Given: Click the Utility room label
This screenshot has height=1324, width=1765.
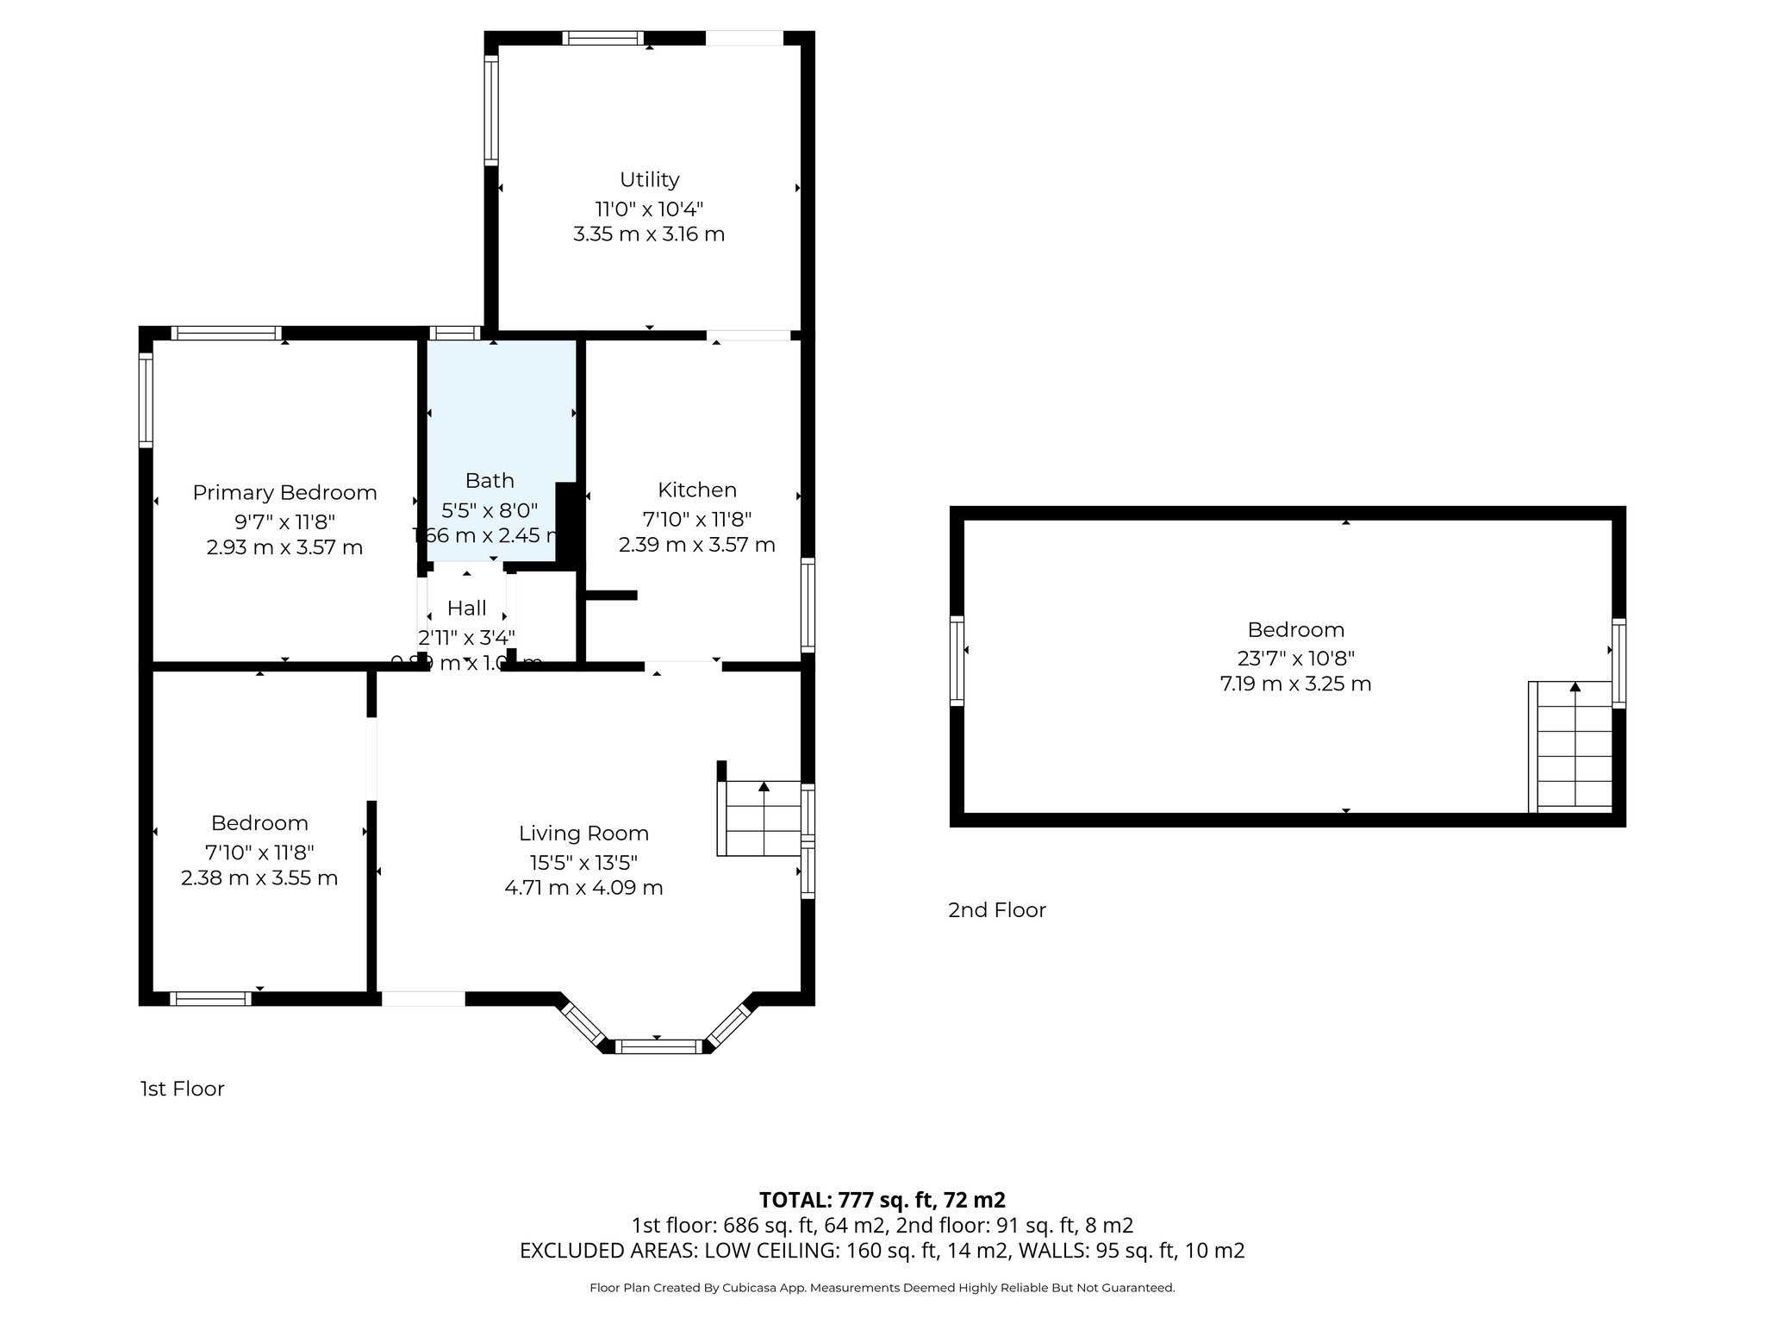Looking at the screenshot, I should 649,179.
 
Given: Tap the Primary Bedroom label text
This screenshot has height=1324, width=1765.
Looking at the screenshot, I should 284,492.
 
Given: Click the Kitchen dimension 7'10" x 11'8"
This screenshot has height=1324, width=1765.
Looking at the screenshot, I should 696,519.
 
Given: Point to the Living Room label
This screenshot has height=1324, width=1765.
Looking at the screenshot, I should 583,833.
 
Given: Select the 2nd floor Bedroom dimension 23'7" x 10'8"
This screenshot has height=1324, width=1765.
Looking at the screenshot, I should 1295,658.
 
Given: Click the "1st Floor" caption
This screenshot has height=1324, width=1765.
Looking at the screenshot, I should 182,1089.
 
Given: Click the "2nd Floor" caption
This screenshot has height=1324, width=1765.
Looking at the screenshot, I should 996,909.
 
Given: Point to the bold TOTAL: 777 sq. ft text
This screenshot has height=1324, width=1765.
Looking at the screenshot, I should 882,1199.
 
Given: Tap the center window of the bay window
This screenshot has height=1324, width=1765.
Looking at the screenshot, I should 661,1046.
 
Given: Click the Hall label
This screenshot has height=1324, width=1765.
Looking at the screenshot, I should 466,608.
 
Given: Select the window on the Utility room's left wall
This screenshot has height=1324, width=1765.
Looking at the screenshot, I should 490,109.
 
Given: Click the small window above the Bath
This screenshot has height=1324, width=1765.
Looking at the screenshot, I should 454,333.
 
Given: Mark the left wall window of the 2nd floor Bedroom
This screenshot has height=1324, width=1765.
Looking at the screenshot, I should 956,660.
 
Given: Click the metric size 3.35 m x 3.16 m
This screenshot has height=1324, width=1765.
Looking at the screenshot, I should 648,234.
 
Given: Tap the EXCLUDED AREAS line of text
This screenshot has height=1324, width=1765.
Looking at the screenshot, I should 882,1250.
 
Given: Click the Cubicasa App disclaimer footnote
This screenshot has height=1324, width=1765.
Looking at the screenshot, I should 882,1288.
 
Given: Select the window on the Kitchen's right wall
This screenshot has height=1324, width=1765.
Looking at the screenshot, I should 808,604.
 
